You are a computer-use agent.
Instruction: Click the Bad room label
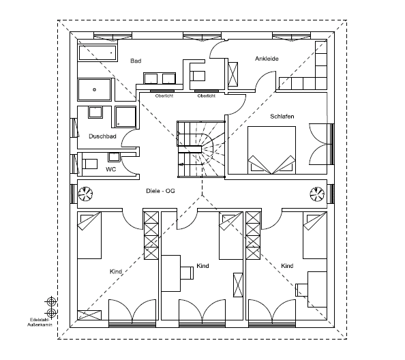[136, 61]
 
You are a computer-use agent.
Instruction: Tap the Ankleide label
[267, 59]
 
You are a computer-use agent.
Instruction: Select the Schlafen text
[282, 117]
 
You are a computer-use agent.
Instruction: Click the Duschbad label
[102, 136]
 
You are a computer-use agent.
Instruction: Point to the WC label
[111, 169]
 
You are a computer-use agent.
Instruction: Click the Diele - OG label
[160, 191]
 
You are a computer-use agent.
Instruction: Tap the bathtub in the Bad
[97, 53]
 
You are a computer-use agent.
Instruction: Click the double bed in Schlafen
[272, 150]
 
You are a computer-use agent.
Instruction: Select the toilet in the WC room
[89, 164]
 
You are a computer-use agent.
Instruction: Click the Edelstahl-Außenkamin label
[40, 322]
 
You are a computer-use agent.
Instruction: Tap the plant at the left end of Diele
[85, 194]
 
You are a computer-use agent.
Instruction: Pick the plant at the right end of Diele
[317, 194]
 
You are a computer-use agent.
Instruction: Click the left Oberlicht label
[164, 96]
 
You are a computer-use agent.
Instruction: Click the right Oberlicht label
[207, 96]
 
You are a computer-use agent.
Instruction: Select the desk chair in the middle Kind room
[187, 273]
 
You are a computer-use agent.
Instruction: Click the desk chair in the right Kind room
[301, 290]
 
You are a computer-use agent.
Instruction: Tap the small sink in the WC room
[114, 157]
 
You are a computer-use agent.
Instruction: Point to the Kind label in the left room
[116, 271]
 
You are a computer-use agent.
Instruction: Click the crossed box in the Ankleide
[233, 74]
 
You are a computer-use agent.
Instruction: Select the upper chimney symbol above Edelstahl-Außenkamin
[51, 301]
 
